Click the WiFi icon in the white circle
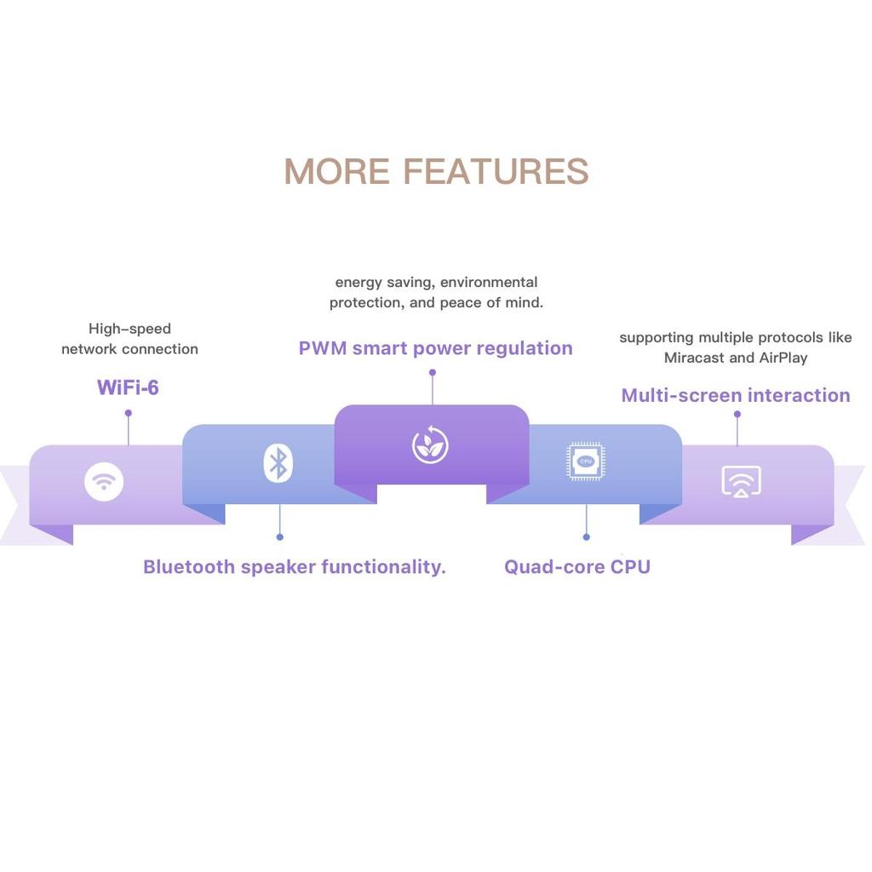tap(104, 482)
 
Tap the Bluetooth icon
tap(278, 463)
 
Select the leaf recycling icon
tap(430, 445)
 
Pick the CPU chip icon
tap(586, 461)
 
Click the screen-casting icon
tap(741, 481)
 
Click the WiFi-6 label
tap(128, 387)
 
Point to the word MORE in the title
tap(336, 171)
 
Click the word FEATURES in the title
tap(496, 171)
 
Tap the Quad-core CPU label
tap(577, 566)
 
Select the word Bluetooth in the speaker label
tap(188, 566)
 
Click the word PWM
tap(322, 347)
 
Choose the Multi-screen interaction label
tap(736, 395)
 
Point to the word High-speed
tap(129, 329)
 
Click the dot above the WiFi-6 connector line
tap(128, 413)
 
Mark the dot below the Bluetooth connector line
tap(279, 536)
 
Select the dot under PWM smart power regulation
tap(432, 372)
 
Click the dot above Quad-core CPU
tap(586, 536)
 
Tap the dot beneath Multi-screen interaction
tap(737, 415)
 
